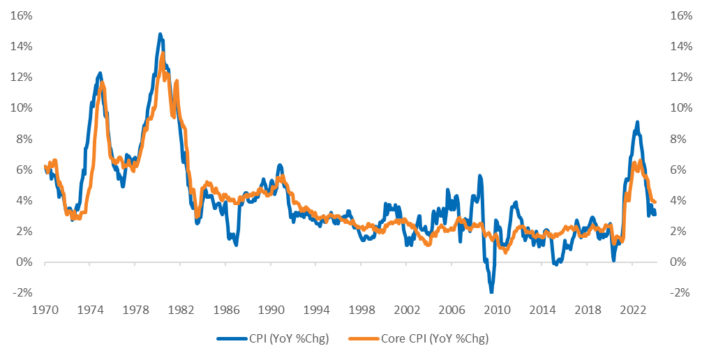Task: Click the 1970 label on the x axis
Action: tap(45, 310)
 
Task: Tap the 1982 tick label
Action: tap(180, 310)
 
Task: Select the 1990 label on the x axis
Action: tap(271, 310)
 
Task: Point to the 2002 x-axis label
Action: tap(406, 310)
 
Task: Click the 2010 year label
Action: tap(497, 310)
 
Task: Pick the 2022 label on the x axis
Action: tap(632, 310)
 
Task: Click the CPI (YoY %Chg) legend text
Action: tap(289, 339)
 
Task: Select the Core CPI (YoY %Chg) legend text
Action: tap(435, 339)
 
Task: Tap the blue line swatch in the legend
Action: tap(232, 339)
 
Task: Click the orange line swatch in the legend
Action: tap(364, 339)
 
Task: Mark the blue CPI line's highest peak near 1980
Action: tap(160, 34)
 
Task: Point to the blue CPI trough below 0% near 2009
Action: tap(491, 291)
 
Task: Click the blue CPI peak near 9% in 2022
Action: tap(637, 122)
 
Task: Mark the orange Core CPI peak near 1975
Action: tap(103, 83)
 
